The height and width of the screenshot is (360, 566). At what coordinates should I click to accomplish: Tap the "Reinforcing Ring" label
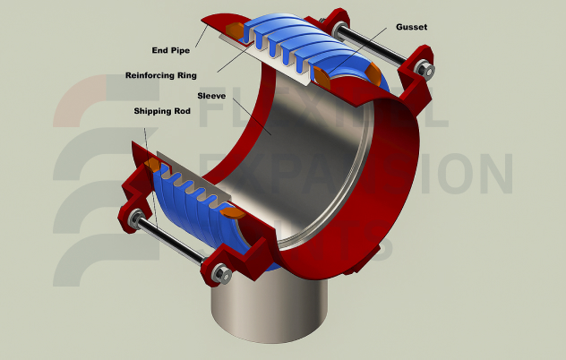[160, 74]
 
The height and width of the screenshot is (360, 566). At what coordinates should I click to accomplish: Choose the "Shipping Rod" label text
[164, 111]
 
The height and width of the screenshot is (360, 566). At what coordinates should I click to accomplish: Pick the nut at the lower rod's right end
[219, 270]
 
